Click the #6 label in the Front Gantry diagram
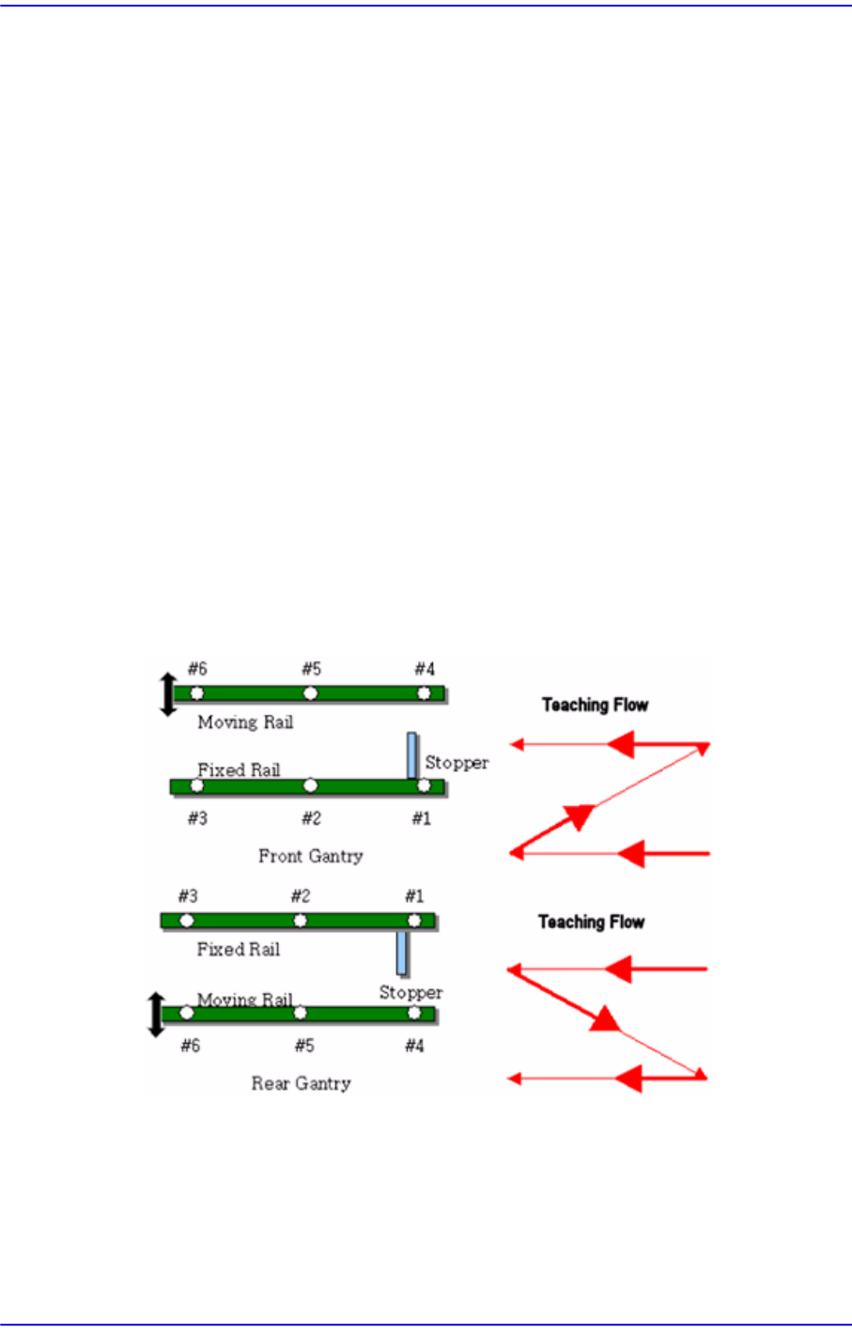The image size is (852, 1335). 197,669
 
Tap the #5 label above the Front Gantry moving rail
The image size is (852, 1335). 311,669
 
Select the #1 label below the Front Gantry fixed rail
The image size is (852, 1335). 422,818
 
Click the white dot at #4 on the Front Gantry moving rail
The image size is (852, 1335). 424,693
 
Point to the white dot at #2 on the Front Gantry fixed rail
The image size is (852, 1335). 311,785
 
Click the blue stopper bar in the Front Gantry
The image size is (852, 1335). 411,755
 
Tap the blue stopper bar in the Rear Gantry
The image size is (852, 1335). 402,953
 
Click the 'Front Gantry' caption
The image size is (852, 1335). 310,856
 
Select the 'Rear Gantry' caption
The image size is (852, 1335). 301,1083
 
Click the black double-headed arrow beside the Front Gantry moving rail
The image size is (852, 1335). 168,694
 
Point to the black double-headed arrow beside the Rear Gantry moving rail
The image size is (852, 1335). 157,1015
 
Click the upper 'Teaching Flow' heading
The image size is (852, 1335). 595,705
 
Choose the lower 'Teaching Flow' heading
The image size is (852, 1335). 591,922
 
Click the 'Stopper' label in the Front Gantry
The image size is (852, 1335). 457,763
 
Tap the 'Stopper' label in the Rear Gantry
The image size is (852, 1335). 411,992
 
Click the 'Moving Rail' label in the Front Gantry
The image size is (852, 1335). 245,722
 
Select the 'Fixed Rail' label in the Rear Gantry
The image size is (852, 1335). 239,949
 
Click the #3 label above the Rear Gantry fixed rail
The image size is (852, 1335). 188,896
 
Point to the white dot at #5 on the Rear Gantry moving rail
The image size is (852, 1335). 300,1013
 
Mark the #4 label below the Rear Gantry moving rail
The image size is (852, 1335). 414,1046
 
